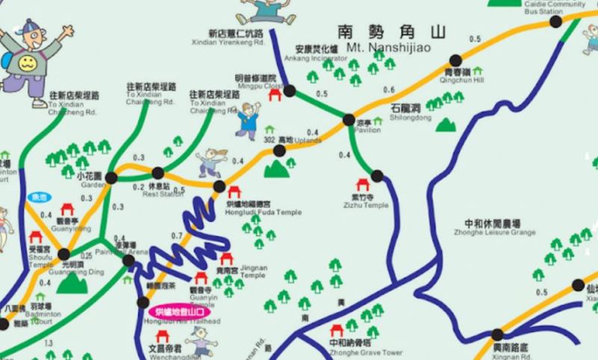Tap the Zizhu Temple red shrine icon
point(365,184)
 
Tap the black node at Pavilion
point(348,120)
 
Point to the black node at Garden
point(111,177)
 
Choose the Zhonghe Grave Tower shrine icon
point(337,331)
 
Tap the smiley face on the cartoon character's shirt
point(28,60)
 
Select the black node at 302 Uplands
point(280,150)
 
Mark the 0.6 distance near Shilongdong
point(389,90)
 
